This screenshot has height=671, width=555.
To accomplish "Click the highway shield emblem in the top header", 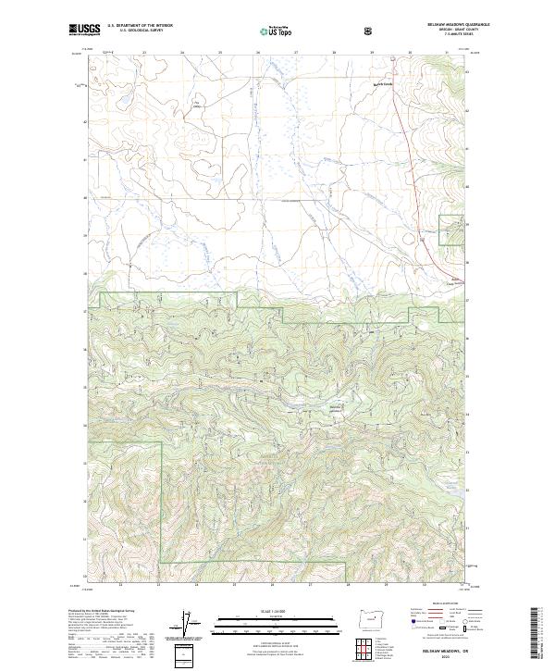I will coord(370,31).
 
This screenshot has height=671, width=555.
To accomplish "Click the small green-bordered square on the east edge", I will coord(450,229).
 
